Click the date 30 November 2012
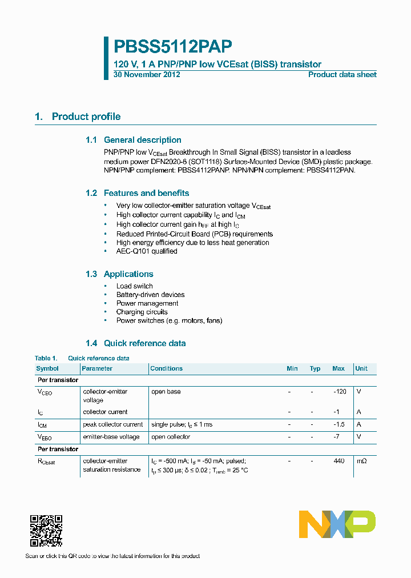147,75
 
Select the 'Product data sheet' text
342,75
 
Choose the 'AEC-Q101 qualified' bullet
147,251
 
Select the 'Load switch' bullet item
134,286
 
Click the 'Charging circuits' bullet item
142,312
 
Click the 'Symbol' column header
47,369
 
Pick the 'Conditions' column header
166,369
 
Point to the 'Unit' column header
361,369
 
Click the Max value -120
340,392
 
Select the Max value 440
339,461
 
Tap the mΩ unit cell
362,461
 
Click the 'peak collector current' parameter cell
113,424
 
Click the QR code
46,531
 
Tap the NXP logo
337,524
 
